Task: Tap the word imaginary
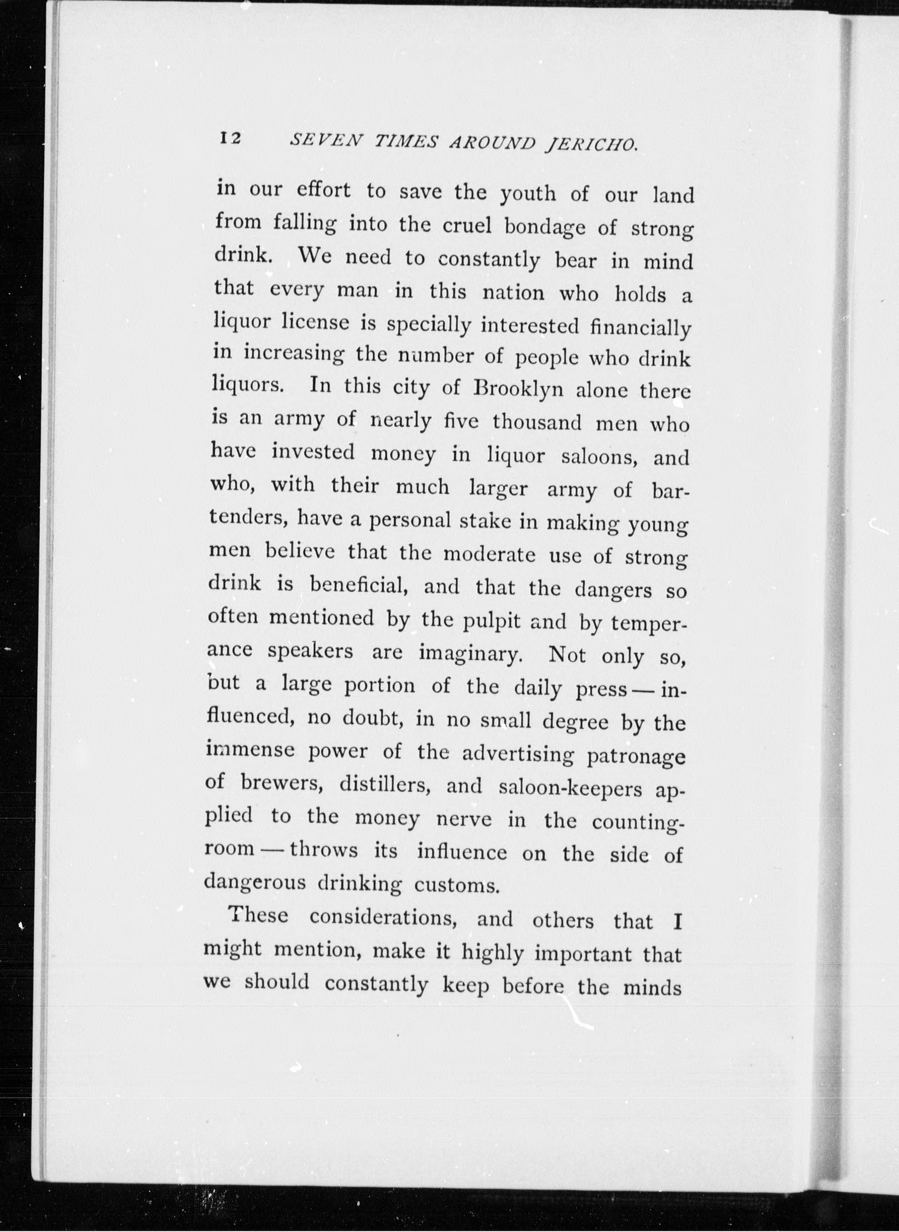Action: coord(471,653)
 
